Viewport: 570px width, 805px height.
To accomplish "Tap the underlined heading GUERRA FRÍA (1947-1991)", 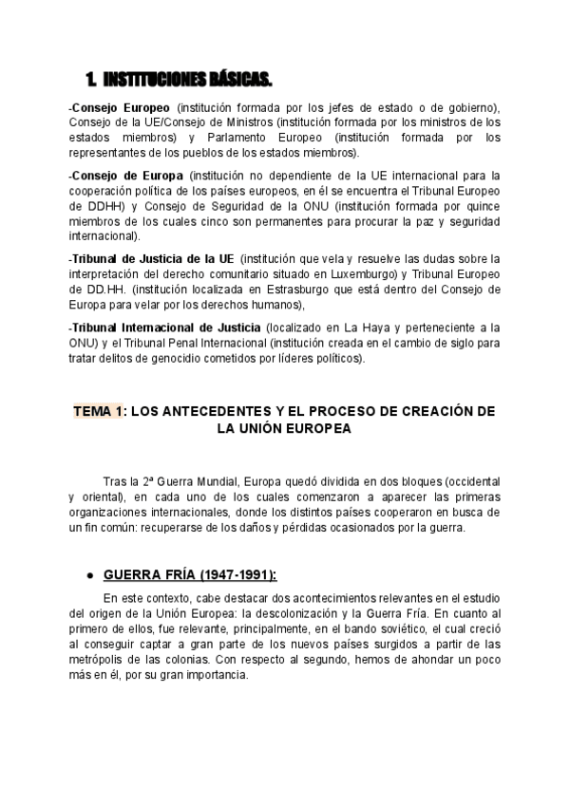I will tap(190, 574).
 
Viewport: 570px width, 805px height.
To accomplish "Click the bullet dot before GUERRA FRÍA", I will tap(88, 575).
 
